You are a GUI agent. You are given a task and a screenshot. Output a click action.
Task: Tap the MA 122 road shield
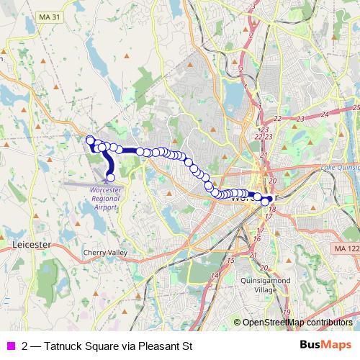346,248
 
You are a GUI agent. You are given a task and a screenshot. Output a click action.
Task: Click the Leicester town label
30,245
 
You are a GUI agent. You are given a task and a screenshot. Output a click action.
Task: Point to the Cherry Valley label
105,253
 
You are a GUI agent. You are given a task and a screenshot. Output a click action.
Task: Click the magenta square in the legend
10,346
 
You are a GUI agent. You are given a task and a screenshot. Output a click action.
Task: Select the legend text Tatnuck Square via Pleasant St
107,346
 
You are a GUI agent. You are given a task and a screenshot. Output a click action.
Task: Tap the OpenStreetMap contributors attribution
297,323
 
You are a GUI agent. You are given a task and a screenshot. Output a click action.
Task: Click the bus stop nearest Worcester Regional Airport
111,177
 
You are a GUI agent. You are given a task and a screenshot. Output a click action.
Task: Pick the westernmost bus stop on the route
89,139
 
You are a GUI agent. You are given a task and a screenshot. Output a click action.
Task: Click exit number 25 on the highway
356,107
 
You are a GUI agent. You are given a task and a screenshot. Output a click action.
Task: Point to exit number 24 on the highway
324,114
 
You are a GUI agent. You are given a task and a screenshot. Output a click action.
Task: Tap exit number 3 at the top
254,6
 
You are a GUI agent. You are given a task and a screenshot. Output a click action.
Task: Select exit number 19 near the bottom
286,312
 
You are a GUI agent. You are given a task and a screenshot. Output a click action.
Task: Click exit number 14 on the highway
215,276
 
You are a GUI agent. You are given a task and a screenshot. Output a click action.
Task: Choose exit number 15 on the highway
230,259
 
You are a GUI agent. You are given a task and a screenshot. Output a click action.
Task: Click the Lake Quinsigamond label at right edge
338,168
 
